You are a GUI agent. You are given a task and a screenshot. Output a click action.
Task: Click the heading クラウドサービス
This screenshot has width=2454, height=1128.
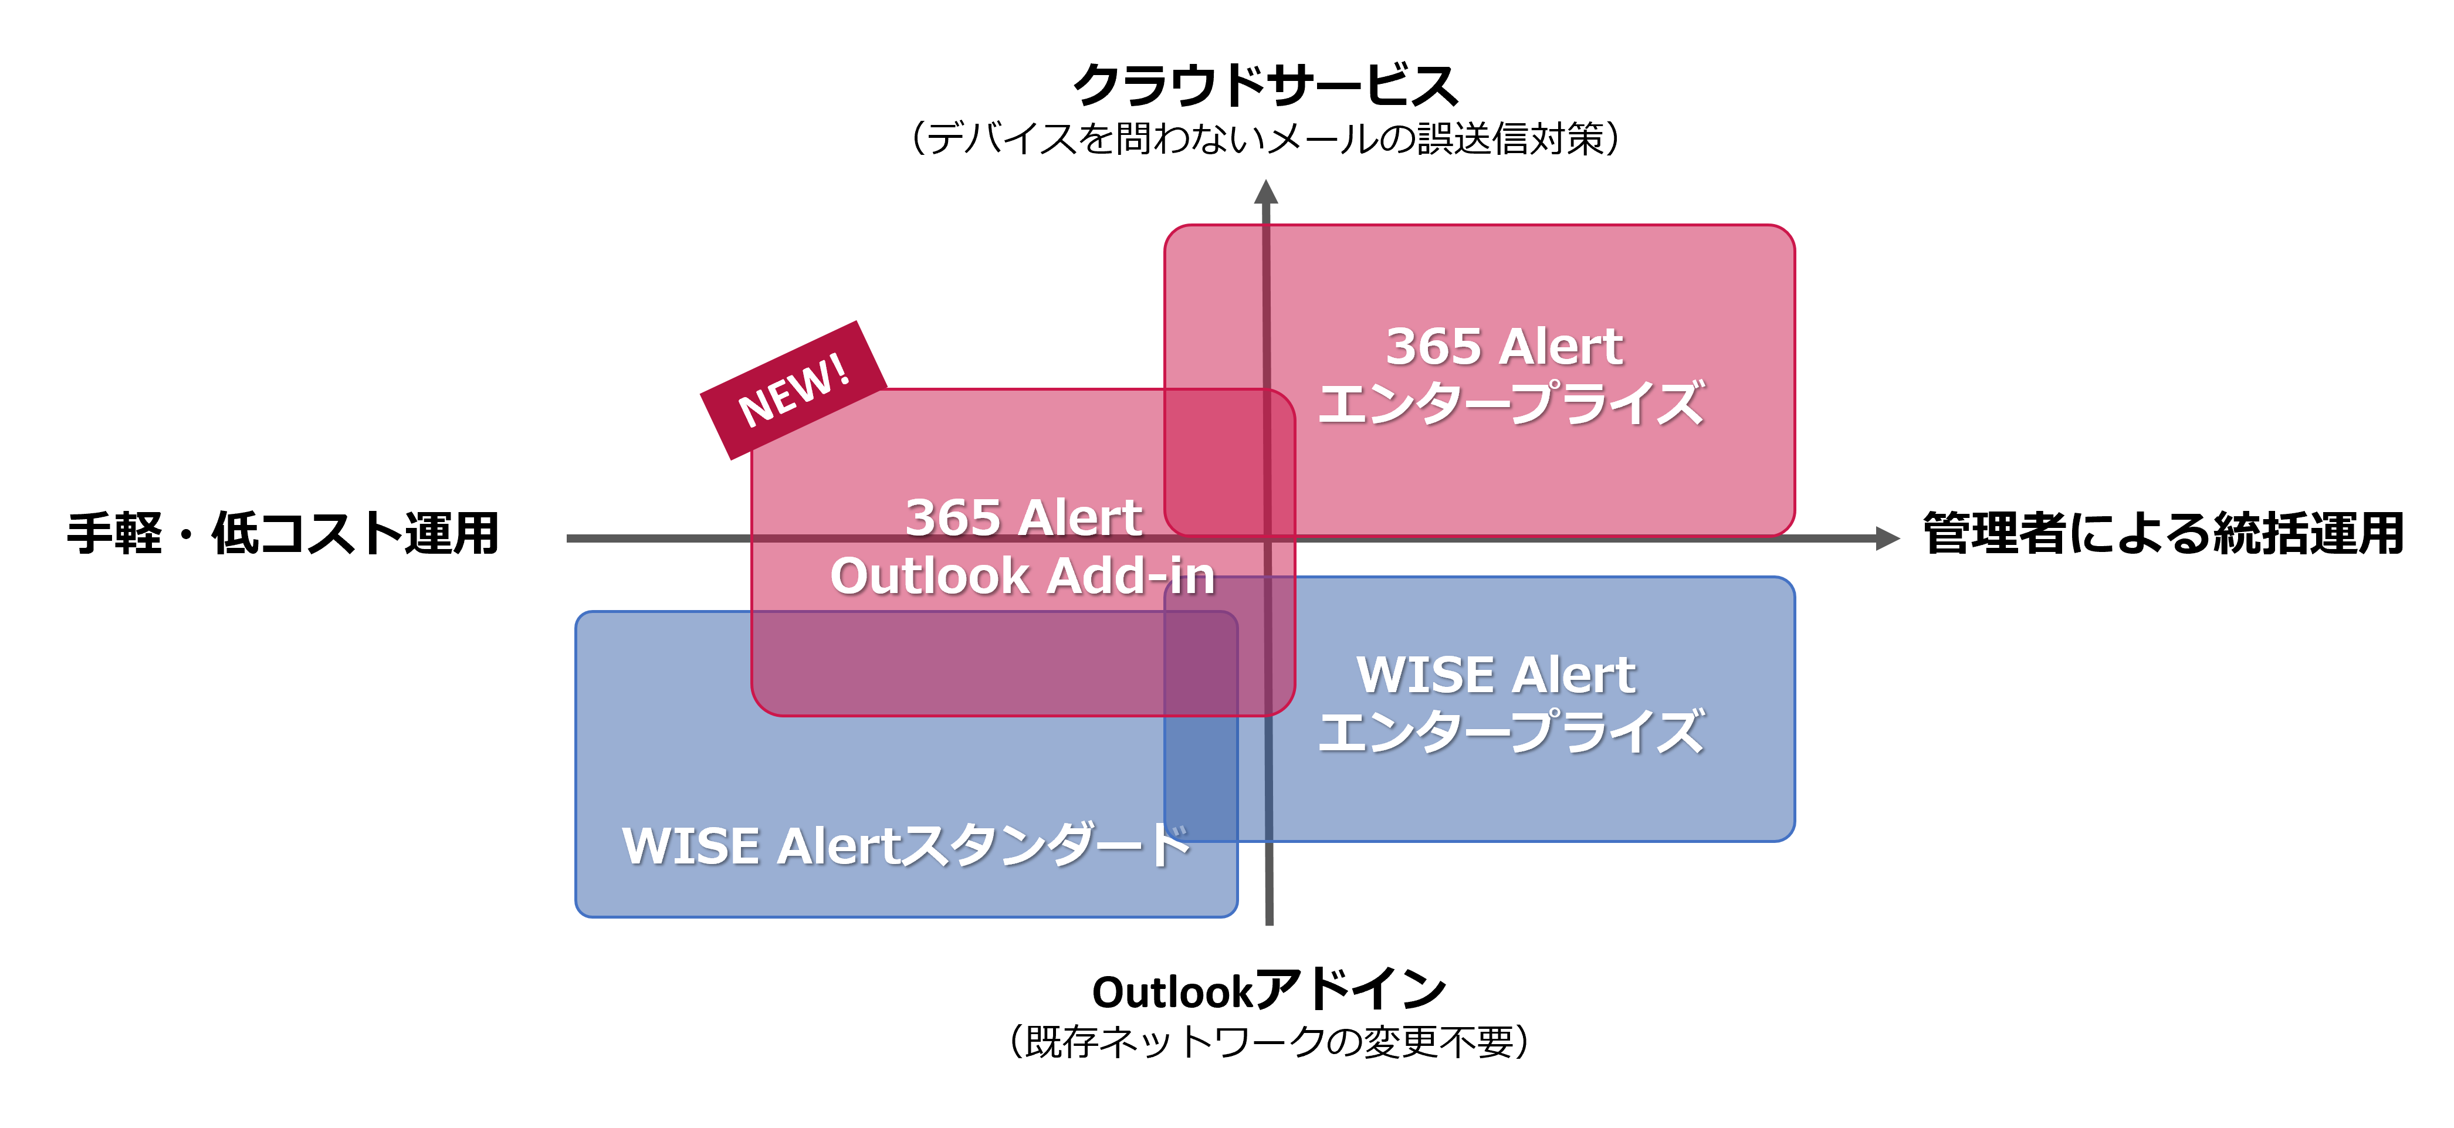(1265, 86)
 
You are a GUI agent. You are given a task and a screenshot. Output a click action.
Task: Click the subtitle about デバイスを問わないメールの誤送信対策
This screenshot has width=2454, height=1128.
(1265, 139)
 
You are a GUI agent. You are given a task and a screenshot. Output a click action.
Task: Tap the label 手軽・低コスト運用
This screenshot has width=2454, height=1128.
(283, 534)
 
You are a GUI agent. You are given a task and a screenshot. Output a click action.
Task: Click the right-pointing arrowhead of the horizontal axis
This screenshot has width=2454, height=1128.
(1887, 538)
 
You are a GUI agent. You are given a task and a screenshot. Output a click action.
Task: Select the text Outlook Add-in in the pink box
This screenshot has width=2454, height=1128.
(1022, 577)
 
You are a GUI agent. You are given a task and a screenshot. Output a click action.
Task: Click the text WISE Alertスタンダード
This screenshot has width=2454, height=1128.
(905, 846)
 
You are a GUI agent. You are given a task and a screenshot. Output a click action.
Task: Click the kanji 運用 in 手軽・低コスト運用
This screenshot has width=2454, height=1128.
(452, 534)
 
